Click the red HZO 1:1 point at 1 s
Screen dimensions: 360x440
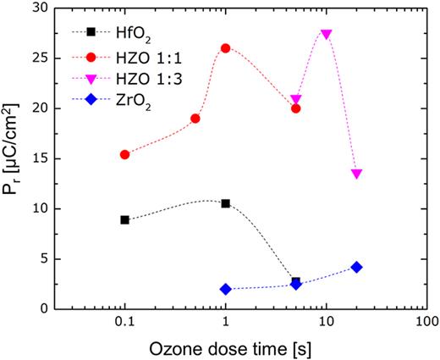(225, 48)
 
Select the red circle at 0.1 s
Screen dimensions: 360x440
(125, 154)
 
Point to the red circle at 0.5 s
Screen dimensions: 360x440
(195, 119)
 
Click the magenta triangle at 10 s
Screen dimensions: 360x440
(326, 34)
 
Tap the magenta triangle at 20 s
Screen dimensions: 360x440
(356, 174)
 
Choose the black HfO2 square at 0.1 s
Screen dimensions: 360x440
(125, 219)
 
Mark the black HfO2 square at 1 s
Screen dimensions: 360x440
(225, 203)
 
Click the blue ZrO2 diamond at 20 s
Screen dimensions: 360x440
(356, 267)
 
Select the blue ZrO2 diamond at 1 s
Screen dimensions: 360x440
(225, 289)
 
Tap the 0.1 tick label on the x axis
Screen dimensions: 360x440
(125, 322)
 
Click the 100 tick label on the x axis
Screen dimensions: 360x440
(426, 322)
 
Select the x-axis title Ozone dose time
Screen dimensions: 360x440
(241, 347)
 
